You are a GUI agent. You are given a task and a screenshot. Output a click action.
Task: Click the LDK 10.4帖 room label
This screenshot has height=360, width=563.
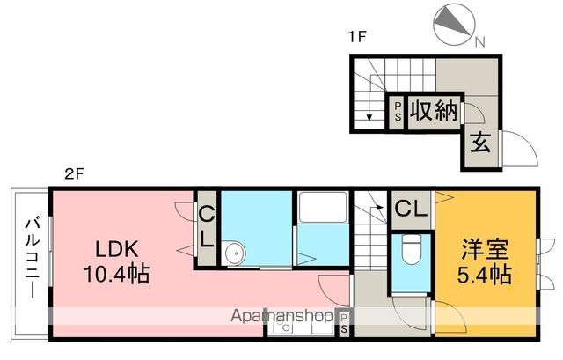(x=117, y=261)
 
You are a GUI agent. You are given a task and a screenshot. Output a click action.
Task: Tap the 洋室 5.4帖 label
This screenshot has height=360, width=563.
(x=484, y=261)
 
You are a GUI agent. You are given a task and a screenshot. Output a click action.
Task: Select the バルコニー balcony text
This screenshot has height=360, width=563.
(x=32, y=257)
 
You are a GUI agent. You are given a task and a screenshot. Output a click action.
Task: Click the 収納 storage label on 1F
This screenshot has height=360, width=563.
(x=434, y=111)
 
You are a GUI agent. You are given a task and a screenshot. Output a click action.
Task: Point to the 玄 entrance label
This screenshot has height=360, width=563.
(x=480, y=143)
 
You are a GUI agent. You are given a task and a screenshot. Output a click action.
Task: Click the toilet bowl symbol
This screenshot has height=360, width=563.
(x=412, y=249)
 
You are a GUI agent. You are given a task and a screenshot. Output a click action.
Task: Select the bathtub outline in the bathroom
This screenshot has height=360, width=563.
(x=323, y=208)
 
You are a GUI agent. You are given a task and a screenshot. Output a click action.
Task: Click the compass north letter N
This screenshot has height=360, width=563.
(x=480, y=42)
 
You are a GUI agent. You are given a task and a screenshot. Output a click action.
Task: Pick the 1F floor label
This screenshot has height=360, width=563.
(x=357, y=37)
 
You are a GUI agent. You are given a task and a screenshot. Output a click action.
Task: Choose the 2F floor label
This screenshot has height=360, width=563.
(x=74, y=174)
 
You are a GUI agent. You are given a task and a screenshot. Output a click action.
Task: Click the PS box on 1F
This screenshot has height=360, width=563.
(x=398, y=112)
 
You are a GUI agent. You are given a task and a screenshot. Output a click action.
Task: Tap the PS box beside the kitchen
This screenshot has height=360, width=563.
(x=344, y=323)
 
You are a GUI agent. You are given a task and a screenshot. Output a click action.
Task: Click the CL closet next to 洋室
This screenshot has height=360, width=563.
(x=412, y=209)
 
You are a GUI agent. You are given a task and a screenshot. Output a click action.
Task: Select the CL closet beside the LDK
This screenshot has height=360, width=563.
(x=207, y=229)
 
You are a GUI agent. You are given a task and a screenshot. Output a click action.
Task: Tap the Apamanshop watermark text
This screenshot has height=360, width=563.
(x=281, y=316)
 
